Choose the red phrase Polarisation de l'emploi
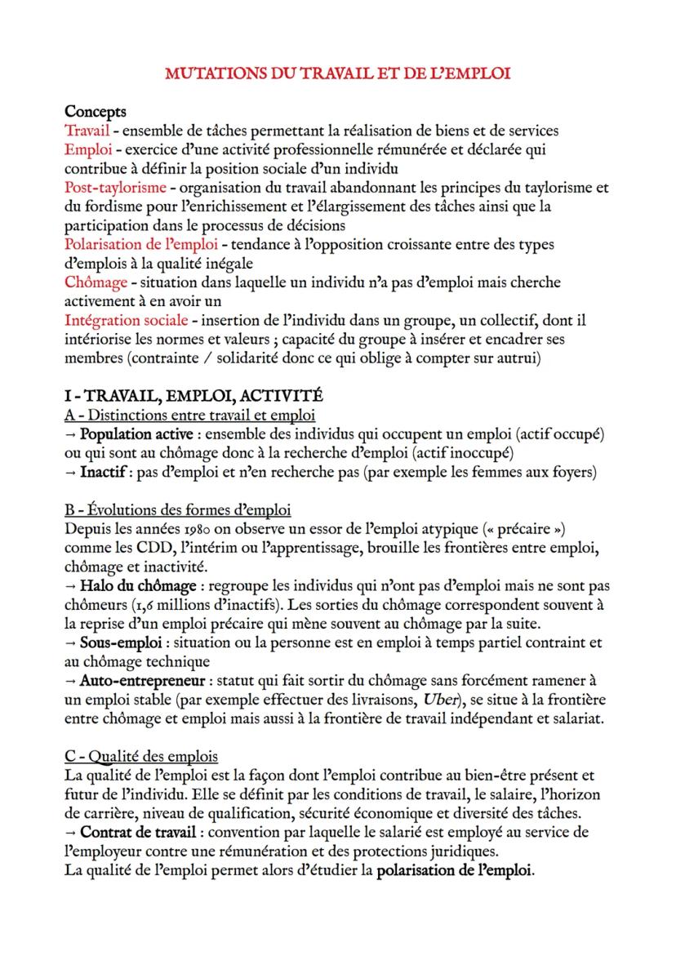pyautogui.click(x=141, y=244)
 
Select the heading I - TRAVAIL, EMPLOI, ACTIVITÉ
pyautogui.click(x=193, y=395)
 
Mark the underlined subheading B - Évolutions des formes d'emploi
pyautogui.click(x=177, y=510)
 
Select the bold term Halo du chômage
pyautogui.click(x=137, y=585)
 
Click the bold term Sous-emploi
pyautogui.click(x=114, y=642)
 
